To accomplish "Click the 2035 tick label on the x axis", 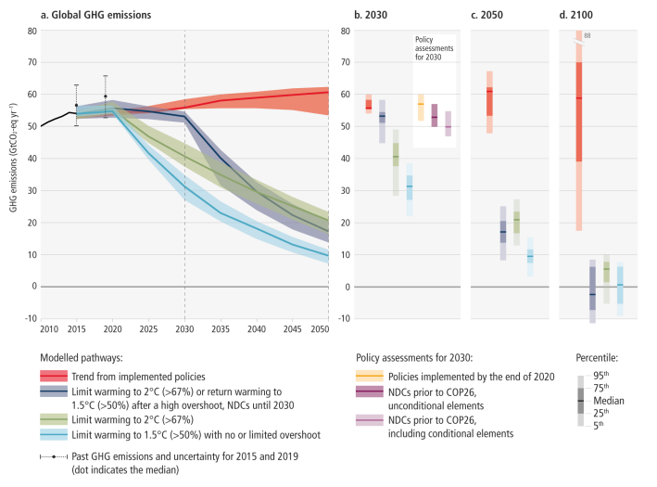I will pos(220,329).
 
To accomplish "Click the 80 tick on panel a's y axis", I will pos(31,31).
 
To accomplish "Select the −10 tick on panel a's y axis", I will pos(29,318).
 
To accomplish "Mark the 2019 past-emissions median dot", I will pos(106,96).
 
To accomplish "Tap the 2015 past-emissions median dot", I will pos(77,106).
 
